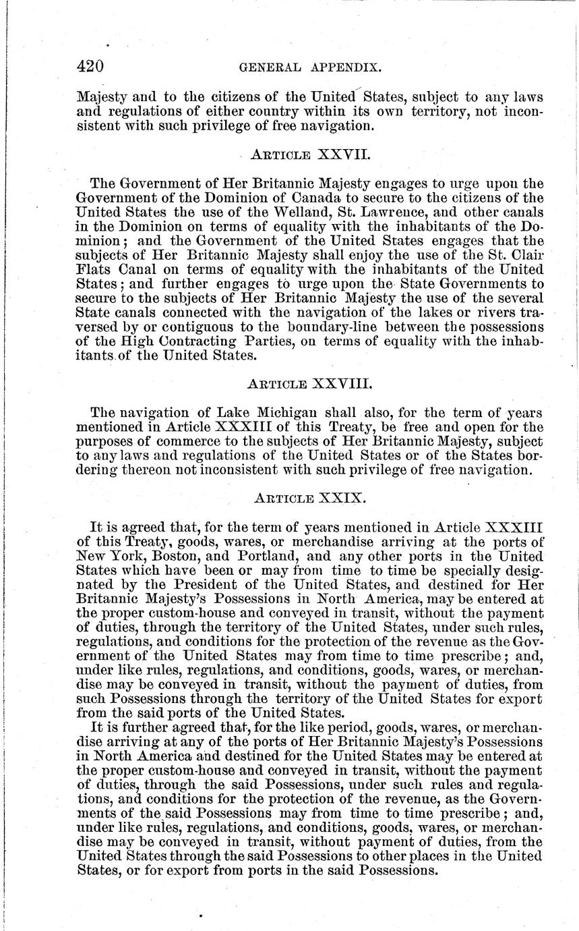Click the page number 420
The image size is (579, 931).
tap(89, 67)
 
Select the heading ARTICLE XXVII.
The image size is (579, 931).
tap(311, 155)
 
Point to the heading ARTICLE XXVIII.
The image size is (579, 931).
tap(311, 385)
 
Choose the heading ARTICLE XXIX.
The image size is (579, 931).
tap(310, 499)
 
